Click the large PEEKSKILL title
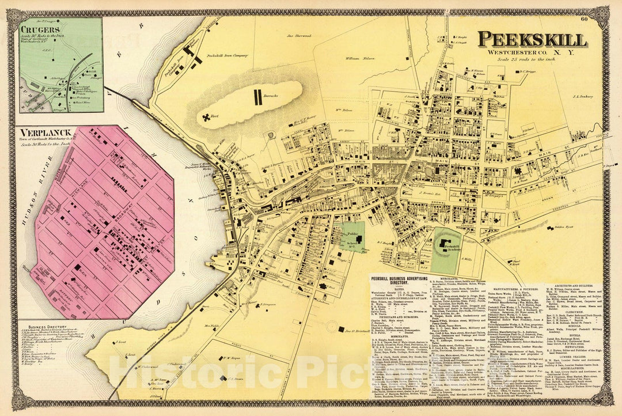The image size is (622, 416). [532, 39]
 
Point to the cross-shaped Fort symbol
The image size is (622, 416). [206, 118]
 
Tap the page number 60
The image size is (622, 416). [584, 21]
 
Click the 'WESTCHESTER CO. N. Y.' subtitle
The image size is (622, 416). [530, 53]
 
